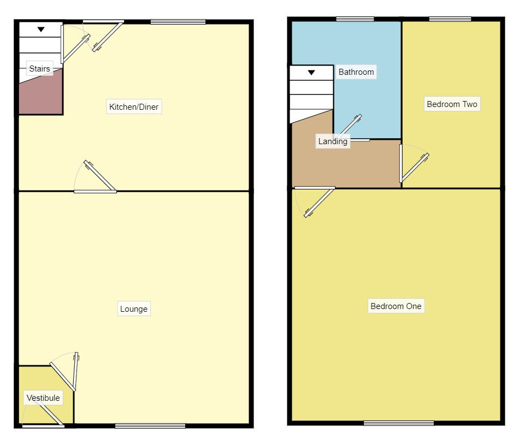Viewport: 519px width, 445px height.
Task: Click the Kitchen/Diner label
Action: (x=134, y=107)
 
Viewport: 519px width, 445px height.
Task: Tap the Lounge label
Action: (x=134, y=309)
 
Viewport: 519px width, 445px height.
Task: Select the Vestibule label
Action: (x=43, y=398)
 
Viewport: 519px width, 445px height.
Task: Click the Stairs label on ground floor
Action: (x=39, y=69)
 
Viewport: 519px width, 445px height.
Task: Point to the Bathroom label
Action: (x=356, y=72)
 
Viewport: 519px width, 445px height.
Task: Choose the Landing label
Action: (x=333, y=141)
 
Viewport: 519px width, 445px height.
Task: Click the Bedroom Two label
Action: (x=452, y=104)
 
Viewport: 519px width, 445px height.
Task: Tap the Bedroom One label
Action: (x=396, y=306)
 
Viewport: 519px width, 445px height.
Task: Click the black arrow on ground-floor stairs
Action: (x=41, y=29)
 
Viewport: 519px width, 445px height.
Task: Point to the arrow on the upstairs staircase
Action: (x=311, y=72)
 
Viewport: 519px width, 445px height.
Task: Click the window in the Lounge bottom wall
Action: (x=150, y=426)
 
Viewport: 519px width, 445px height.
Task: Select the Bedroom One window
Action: (x=399, y=423)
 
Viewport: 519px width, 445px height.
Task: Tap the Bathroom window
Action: (x=355, y=20)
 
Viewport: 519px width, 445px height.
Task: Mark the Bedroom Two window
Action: (x=450, y=20)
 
